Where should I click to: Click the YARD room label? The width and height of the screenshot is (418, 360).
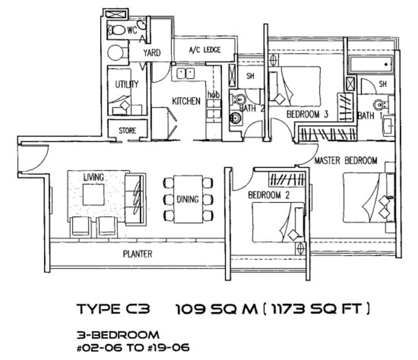click(152, 53)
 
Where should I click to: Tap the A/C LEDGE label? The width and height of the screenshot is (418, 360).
click(205, 50)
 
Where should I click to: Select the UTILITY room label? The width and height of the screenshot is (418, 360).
click(127, 84)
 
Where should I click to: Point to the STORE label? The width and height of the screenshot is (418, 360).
click(127, 130)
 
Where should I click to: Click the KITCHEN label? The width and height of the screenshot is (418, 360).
click(186, 101)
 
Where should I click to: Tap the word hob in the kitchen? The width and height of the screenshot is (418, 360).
click(214, 94)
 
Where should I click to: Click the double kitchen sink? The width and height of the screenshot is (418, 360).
click(185, 73)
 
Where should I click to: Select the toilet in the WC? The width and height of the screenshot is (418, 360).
click(117, 30)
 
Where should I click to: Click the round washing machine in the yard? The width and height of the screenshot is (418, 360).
click(116, 53)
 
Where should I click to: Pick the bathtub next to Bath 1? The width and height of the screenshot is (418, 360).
click(371, 64)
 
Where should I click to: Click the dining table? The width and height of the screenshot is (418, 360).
click(188, 199)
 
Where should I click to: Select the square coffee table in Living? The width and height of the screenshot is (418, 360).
click(93, 195)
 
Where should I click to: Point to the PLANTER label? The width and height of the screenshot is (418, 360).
click(137, 254)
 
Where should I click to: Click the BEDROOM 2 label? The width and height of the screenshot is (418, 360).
click(269, 195)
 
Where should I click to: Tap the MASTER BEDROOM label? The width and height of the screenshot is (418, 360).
click(346, 161)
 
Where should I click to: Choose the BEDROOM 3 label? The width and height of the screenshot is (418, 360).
click(307, 114)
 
